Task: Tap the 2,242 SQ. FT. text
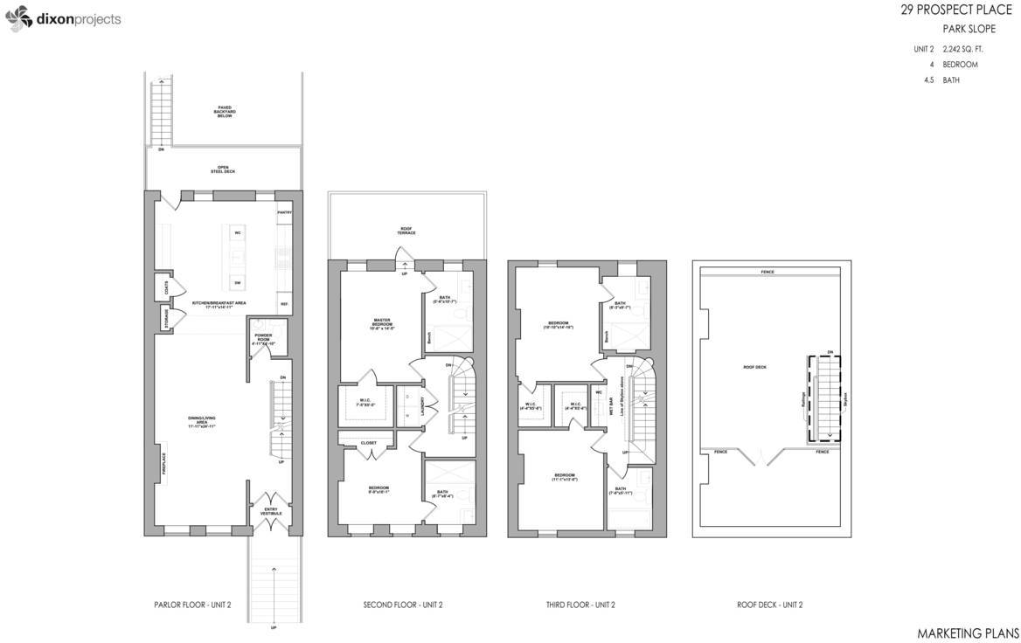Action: point(962,48)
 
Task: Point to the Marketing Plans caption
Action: point(968,632)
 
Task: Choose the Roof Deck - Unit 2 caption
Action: point(769,605)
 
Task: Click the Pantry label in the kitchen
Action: point(284,212)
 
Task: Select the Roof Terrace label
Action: point(406,233)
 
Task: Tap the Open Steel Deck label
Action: point(223,170)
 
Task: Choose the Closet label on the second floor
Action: point(369,443)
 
